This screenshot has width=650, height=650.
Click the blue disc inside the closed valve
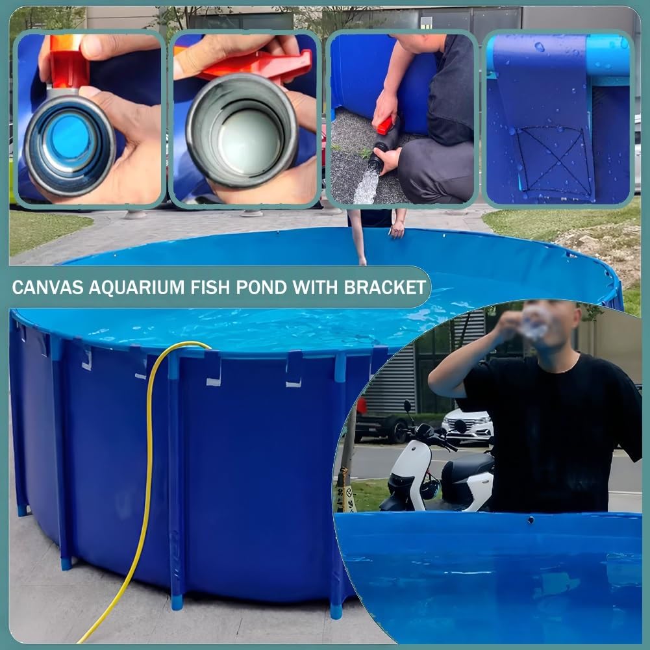[x=69, y=136]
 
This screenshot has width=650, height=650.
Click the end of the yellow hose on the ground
[x=81, y=640]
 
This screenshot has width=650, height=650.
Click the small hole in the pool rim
[x=531, y=519]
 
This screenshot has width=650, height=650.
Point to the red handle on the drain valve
[x=386, y=124]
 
